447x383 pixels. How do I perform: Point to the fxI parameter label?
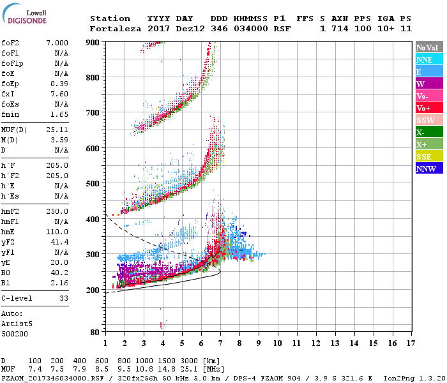coord(9,94)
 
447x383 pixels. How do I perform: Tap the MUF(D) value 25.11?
coord(57,130)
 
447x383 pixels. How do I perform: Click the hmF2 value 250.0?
coord(57,211)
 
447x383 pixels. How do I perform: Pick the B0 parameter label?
coord(6,273)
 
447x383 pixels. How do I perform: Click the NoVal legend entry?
coord(427,48)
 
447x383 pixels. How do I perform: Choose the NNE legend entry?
coord(425,60)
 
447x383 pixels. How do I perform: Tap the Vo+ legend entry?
coord(423,109)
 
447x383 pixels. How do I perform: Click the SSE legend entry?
coord(424,157)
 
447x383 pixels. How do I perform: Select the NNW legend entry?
coord(426,169)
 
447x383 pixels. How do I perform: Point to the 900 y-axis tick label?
coord(95,42)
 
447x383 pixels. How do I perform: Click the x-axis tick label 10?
coord(277,343)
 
